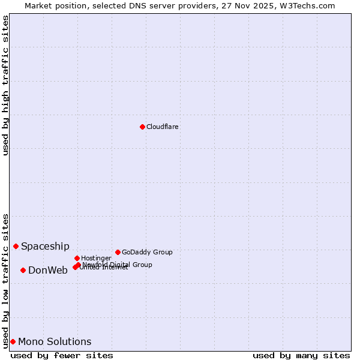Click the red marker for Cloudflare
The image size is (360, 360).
click(142, 127)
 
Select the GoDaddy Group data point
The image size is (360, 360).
click(118, 252)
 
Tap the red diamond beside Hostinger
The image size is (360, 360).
click(77, 258)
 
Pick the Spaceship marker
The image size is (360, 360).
click(16, 246)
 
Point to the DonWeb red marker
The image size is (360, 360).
click(23, 270)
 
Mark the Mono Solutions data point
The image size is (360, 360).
click(13, 341)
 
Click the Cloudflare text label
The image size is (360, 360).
click(163, 127)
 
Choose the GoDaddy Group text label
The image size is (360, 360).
click(147, 252)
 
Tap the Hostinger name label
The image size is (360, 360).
click(97, 258)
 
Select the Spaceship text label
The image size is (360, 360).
click(45, 246)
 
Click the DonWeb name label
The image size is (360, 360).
click(48, 270)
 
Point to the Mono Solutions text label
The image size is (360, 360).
click(55, 341)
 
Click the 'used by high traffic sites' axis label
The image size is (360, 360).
click(5, 85)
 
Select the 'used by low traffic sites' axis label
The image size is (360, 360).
click(5, 280)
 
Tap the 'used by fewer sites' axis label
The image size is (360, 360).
click(62, 355)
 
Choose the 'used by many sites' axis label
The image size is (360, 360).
click(301, 355)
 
